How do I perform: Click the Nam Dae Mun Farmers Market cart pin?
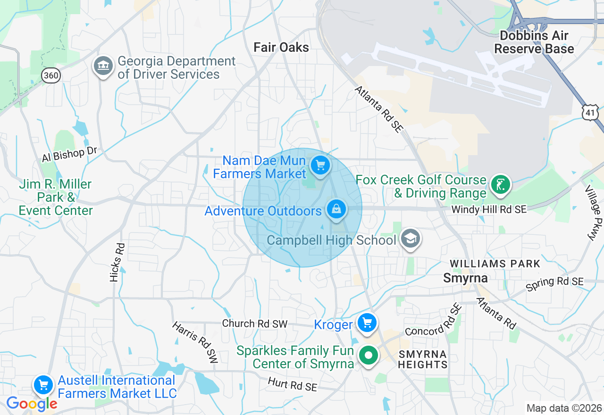click(320, 166)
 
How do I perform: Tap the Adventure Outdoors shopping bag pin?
click(336, 208)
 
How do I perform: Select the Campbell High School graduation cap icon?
click(411, 239)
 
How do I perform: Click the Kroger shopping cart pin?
click(367, 323)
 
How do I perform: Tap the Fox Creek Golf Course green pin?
click(501, 184)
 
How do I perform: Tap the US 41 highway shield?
click(590, 112)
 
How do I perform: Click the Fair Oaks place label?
click(281, 47)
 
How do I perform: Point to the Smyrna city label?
click(465, 278)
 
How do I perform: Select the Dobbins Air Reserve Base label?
click(534, 42)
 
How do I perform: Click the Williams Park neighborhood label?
click(495, 264)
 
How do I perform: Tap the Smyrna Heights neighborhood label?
click(422, 359)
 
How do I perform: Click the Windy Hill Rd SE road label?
click(488, 209)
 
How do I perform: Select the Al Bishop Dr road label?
click(69, 154)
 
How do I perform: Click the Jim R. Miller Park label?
click(56, 197)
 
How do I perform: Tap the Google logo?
click(32, 404)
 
